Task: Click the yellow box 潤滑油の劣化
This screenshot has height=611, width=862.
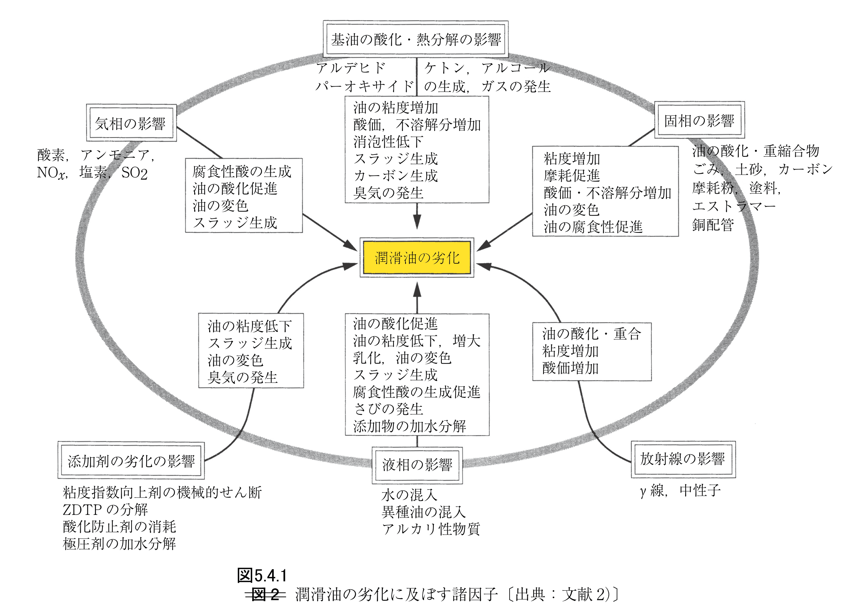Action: (x=417, y=258)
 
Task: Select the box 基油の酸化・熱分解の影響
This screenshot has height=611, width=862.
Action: (x=416, y=39)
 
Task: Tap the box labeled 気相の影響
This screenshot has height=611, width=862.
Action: (x=131, y=123)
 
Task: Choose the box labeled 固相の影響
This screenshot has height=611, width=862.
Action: (x=699, y=121)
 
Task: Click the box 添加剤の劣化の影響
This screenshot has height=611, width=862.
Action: (x=131, y=461)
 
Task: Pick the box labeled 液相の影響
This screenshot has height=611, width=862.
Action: (x=417, y=465)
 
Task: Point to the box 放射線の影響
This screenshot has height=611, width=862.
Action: (x=683, y=459)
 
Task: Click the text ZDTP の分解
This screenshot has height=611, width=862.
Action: (x=105, y=510)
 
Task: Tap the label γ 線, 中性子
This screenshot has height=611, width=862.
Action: (x=680, y=490)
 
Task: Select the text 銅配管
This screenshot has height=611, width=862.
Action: (x=713, y=225)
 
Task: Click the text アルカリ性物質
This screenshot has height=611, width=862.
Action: (x=431, y=529)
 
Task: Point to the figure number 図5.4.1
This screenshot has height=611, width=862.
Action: (x=262, y=576)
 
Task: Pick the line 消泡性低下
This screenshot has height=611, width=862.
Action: (x=388, y=142)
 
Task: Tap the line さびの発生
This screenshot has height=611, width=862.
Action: (x=388, y=409)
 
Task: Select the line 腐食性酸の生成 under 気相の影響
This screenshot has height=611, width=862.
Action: (x=242, y=171)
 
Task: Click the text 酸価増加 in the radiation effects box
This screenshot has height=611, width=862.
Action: (x=570, y=368)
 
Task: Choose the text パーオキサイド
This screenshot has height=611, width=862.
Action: (x=364, y=86)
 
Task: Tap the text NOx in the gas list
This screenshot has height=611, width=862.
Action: (x=52, y=173)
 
